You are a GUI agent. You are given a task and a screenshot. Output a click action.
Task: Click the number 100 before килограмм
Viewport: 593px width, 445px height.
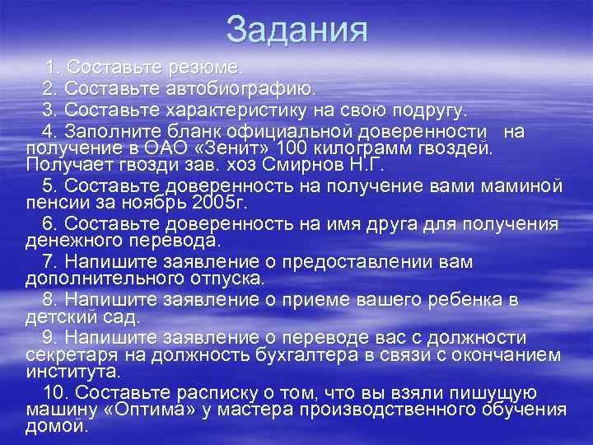point(295,148)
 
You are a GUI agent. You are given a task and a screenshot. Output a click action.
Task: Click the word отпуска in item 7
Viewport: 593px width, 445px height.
point(226,279)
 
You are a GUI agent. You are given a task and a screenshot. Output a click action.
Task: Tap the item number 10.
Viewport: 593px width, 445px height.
point(52,393)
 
